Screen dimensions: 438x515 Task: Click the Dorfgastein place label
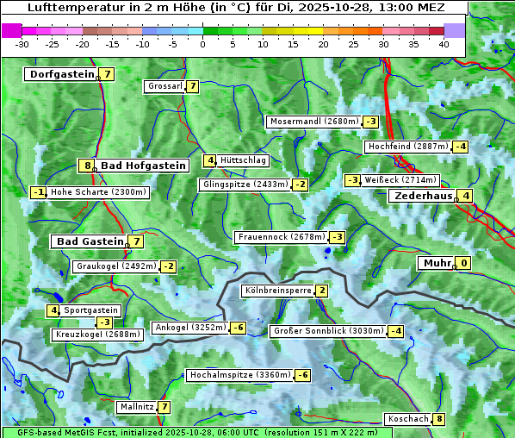point(61,74)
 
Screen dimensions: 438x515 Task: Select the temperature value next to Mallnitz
point(164,407)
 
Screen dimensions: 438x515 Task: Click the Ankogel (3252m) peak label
point(189,328)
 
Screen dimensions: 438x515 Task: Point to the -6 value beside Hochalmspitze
point(302,375)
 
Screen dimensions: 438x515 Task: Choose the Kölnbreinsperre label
point(277,291)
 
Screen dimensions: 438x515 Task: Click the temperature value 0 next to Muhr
point(464,263)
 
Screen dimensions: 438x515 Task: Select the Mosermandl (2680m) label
point(313,122)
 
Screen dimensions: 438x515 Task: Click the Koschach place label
point(407,419)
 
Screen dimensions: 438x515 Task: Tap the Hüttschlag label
point(244,160)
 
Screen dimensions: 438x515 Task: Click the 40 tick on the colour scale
point(444,44)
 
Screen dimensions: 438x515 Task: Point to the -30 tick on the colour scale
point(22,44)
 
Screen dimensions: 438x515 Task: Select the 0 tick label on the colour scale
point(202,44)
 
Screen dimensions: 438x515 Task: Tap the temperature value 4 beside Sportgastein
point(53,310)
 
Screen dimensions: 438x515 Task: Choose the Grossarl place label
point(164,86)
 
